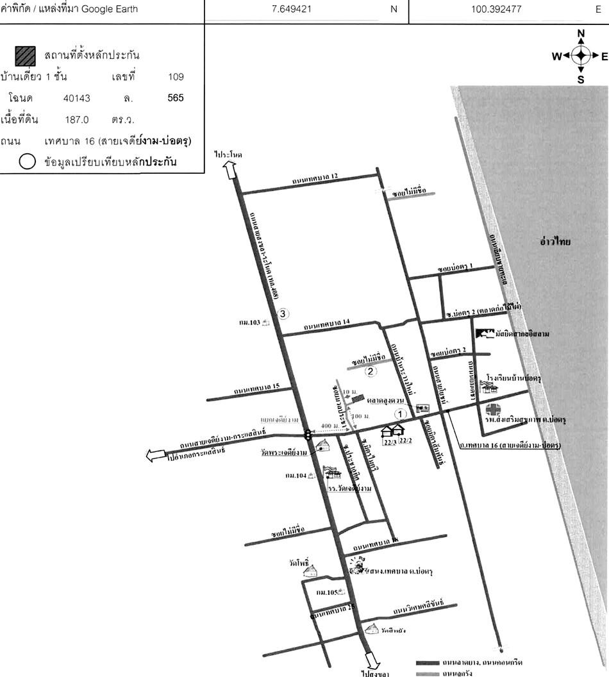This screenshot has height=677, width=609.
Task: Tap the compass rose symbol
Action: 581,56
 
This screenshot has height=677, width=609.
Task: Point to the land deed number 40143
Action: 76,98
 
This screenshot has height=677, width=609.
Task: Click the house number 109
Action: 176,77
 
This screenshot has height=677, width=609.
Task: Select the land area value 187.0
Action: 76,119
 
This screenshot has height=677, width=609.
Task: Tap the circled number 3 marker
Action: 284,313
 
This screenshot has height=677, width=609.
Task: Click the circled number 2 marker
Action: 370,370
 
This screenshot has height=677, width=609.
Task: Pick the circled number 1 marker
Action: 400,414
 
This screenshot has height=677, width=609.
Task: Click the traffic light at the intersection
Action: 308,434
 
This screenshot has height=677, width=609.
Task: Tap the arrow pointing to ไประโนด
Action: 229,171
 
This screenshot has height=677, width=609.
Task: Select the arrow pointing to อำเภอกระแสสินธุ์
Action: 156,456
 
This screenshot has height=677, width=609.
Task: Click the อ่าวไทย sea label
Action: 555,242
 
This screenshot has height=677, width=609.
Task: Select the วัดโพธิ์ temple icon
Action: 310,571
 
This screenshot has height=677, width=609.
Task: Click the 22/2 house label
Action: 405,441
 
